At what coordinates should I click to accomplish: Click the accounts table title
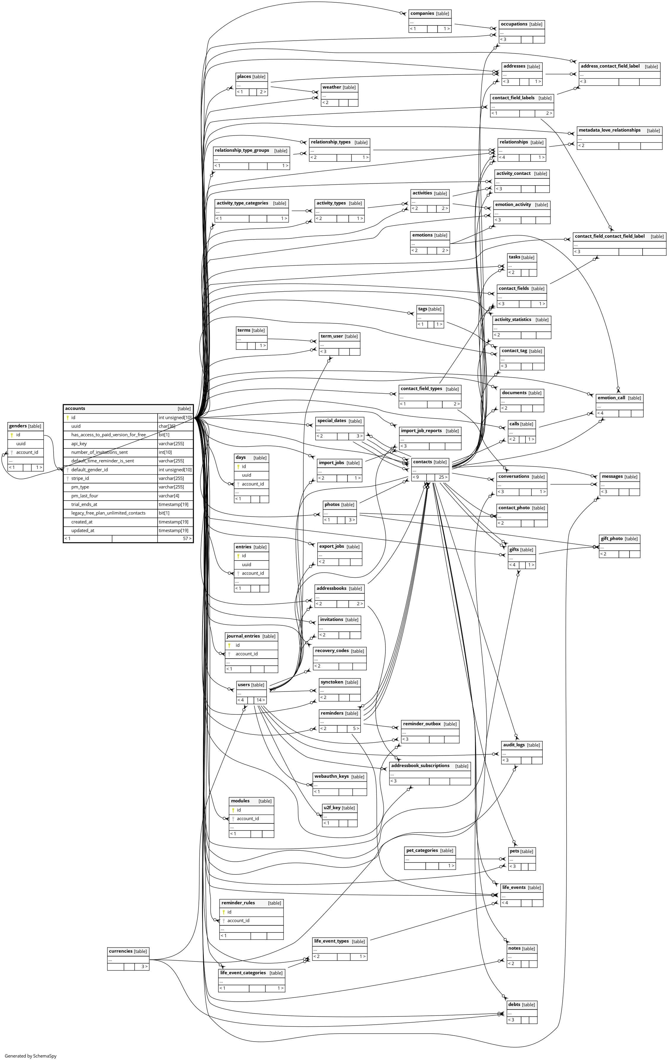[75, 408]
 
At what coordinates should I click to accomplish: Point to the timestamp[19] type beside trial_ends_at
[173, 504]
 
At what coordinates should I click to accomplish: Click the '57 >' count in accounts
[187, 539]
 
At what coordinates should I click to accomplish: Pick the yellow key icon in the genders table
[12, 435]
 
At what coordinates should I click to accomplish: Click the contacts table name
[422, 462]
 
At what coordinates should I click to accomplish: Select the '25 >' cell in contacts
[442, 477]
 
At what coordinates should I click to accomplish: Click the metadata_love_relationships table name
[609, 130]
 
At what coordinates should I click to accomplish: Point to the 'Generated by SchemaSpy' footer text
[31, 1056]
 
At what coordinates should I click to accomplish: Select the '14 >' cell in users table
[260, 700]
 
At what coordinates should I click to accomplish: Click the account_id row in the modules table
[247, 819]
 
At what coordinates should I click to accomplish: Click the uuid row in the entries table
[246, 565]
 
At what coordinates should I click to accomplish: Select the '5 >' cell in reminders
[355, 729]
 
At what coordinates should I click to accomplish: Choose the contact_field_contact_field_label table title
[609, 237]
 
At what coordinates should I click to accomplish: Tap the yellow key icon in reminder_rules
[224, 912]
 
